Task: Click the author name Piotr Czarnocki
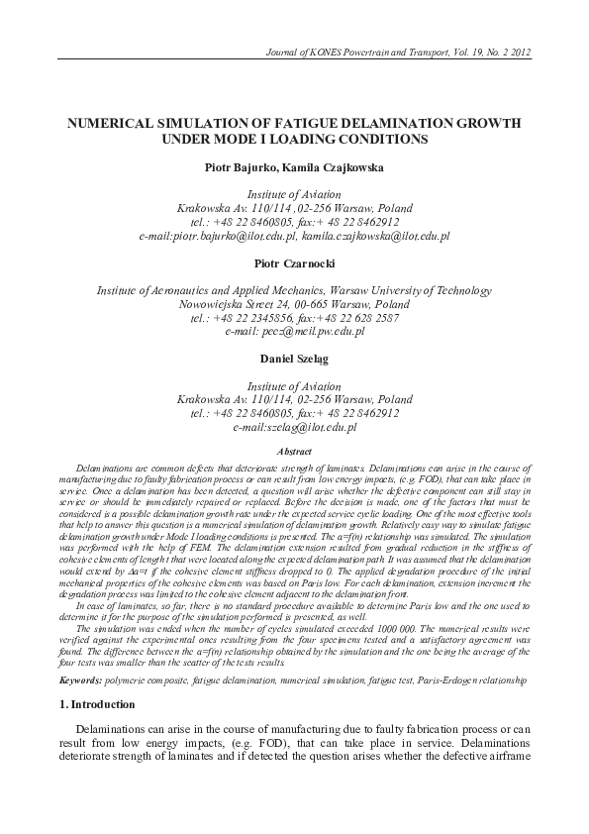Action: (x=294, y=264)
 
